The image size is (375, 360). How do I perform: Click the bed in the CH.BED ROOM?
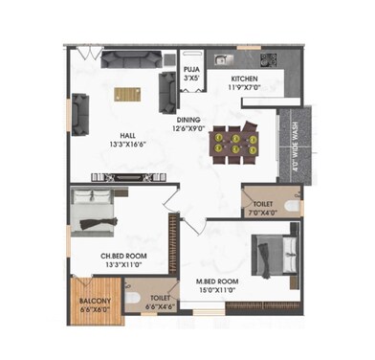coord(97,213)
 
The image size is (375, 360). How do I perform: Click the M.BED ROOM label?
coord(217,281)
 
